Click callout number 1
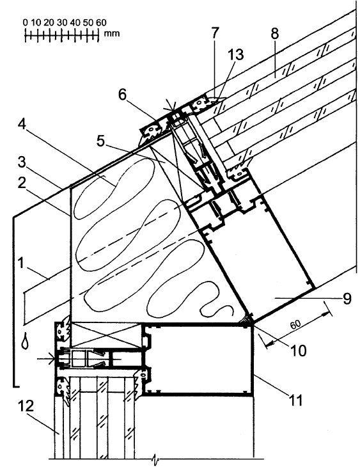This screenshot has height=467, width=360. coord(20,263)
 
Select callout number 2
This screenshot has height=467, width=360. coord(22,184)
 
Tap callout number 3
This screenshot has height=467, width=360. coord(22,162)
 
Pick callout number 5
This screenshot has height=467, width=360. coord(101,141)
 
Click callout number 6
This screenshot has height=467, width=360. coord(122,95)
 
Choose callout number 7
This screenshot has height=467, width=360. coord(215,33)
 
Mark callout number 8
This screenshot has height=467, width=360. coord(275,33)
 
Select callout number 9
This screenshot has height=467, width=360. coord(347,298)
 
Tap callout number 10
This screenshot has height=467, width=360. coord(298,351)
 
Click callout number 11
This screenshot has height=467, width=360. coord(296,400)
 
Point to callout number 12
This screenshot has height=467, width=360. coord(26,406)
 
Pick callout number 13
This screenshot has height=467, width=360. coord(235,54)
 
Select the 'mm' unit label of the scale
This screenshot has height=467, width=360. coord(112,33)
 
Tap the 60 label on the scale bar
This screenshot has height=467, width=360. coord(101,22)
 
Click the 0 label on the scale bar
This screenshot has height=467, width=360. coord(26,22)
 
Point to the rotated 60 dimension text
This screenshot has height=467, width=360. coord(295,324)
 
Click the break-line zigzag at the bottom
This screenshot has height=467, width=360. coord(155,460)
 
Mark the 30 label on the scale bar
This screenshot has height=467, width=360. coord(62,22)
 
